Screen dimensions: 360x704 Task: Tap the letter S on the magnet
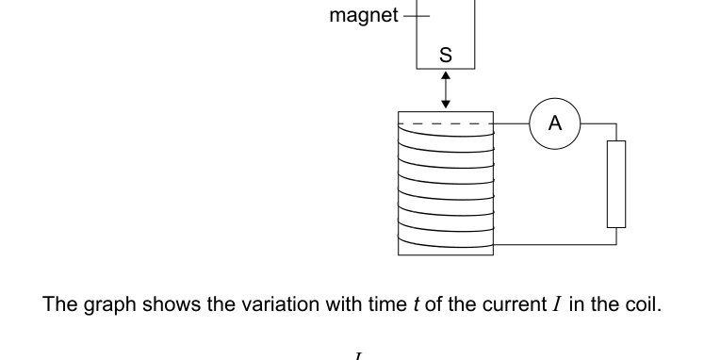pos(446,56)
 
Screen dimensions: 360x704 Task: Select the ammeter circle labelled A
pos(554,124)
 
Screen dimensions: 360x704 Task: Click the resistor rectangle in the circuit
pos(615,184)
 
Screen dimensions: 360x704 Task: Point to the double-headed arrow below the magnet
pos(446,90)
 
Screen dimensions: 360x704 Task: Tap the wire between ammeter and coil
pos(511,124)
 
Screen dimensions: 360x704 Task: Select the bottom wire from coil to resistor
pos(556,243)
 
